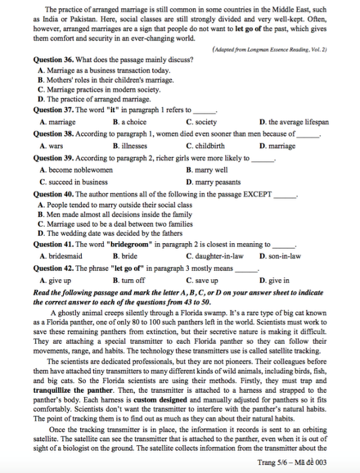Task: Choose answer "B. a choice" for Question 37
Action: click(129, 122)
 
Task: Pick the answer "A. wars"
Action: click(52, 146)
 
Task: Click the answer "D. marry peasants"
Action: click(213, 182)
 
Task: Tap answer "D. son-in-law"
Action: click(280, 256)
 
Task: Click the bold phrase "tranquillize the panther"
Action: click(71, 390)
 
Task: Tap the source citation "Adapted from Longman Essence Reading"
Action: click(270, 49)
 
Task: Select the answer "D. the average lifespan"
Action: click(294, 122)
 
